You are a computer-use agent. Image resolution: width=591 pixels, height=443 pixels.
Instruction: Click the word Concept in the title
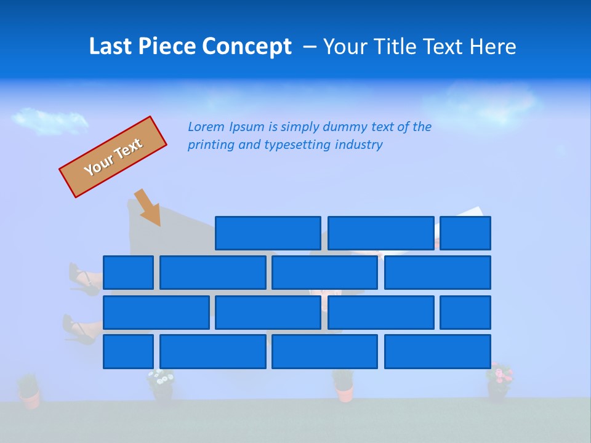(x=247, y=47)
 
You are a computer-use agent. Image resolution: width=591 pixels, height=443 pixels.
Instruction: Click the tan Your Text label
(x=113, y=156)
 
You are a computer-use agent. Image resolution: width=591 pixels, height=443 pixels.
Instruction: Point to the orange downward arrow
(x=148, y=208)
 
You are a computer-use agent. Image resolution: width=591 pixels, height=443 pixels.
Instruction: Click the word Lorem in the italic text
(x=206, y=127)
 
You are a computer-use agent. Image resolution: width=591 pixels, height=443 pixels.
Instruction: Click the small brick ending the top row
(x=465, y=233)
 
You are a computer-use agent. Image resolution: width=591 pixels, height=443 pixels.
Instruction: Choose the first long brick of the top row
(x=268, y=233)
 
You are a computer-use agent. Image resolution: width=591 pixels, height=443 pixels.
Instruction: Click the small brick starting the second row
(x=128, y=273)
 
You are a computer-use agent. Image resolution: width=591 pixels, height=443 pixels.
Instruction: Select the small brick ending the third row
(x=465, y=313)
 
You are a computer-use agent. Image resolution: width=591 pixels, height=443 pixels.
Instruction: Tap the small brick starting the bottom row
(x=128, y=352)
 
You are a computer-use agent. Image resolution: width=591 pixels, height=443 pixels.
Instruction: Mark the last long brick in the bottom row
(x=437, y=352)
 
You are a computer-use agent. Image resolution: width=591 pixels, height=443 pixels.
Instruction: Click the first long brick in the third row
(x=156, y=313)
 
